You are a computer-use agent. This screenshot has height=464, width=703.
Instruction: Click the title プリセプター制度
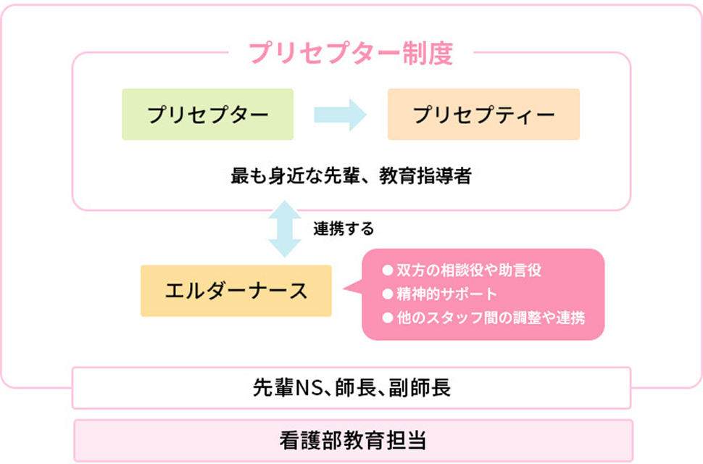point(351,54)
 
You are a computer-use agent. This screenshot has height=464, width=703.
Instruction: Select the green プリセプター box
point(207,114)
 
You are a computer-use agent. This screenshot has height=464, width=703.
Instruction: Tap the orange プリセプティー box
point(483,114)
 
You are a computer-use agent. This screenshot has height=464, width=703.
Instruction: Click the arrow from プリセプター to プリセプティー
point(341,114)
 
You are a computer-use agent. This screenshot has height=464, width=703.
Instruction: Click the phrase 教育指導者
point(425,176)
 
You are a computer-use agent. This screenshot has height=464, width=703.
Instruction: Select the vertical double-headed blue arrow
point(285,228)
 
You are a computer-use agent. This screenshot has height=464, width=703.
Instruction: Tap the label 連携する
point(344,229)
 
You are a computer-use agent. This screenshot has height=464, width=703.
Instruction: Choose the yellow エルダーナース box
point(236,291)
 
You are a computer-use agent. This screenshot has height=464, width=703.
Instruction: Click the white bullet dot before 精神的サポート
point(387,294)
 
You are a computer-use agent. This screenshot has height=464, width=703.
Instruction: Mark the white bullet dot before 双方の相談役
point(387,271)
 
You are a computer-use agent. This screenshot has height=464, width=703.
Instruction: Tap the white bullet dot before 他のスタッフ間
point(387,318)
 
